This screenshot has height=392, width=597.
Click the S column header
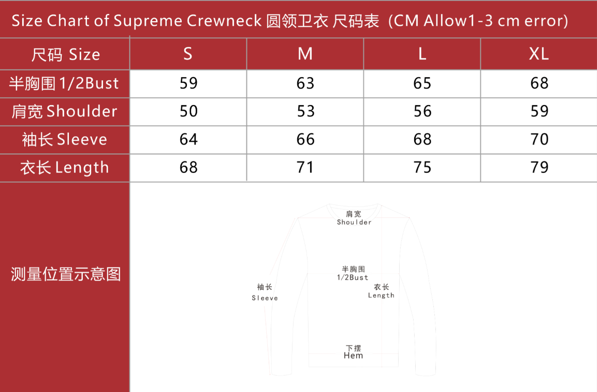pyautogui.click(x=188, y=54)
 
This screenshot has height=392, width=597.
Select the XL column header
pyautogui.click(x=538, y=54)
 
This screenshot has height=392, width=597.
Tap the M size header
pyautogui.click(x=305, y=54)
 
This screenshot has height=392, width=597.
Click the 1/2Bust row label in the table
pyautogui.click(x=64, y=83)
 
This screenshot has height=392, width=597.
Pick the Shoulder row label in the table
pyautogui.click(x=64, y=111)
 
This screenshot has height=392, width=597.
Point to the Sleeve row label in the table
pyautogui.click(x=64, y=139)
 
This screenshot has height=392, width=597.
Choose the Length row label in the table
pyautogui.click(x=64, y=168)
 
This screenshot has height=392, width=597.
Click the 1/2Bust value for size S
pyautogui.click(x=188, y=83)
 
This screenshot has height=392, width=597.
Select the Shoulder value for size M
pyautogui.click(x=305, y=111)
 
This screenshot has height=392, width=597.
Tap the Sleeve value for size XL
pyautogui.click(x=539, y=139)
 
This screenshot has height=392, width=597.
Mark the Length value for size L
pyautogui.click(x=422, y=167)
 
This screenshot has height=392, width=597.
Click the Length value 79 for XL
pyautogui.click(x=539, y=167)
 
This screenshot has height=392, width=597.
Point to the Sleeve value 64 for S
pyautogui.click(x=188, y=139)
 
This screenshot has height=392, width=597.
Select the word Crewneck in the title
pyautogui.click(x=224, y=21)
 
